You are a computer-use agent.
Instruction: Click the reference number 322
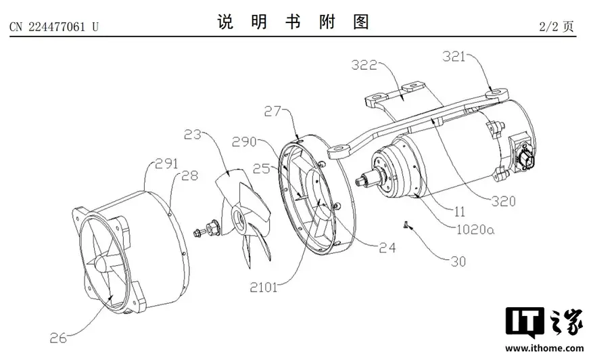tap(364, 65)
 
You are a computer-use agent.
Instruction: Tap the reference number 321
tap(454, 57)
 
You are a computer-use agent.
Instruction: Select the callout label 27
tap(273, 111)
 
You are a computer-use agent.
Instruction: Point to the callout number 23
tap(193, 135)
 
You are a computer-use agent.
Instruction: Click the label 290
tap(244, 142)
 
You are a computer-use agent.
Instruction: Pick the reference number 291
tap(167, 164)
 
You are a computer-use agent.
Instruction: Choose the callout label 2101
tap(264, 288)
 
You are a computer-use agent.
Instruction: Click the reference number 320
tap(503, 202)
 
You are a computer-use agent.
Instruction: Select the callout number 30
tap(458, 262)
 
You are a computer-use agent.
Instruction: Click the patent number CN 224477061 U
tap(53, 27)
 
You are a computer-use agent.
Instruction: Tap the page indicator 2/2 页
tap(556, 26)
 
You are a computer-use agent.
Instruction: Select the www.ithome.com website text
tap(544, 348)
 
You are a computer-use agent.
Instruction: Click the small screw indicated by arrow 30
tap(405, 225)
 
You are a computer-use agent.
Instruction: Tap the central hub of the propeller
tap(239, 219)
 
